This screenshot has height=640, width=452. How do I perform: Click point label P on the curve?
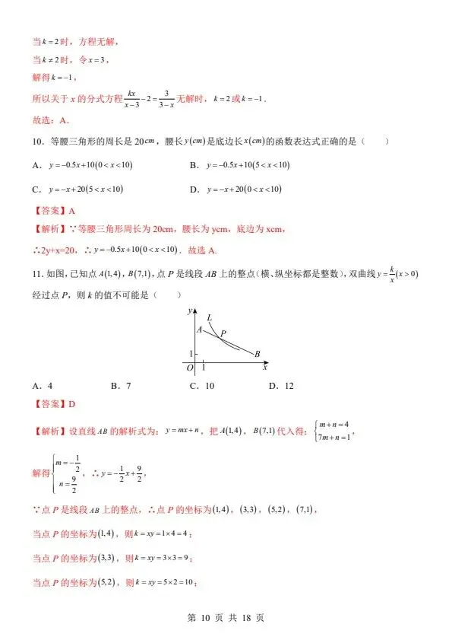[x=223, y=333]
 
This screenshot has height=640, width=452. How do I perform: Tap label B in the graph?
[x=258, y=354]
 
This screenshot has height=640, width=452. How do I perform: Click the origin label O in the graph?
[x=190, y=368]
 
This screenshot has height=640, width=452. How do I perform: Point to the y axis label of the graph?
[x=188, y=311]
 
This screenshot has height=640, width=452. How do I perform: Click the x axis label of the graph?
[x=264, y=368]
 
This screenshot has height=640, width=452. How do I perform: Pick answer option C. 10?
[x=201, y=386]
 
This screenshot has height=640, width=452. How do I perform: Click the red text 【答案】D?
[x=54, y=405]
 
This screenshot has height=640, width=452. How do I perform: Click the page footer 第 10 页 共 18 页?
[x=226, y=618]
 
